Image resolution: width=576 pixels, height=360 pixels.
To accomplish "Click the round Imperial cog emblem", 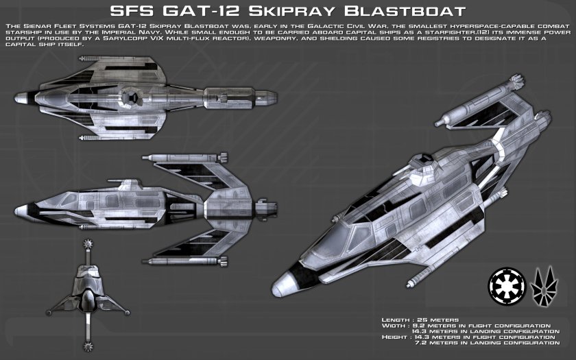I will [x=503, y=284].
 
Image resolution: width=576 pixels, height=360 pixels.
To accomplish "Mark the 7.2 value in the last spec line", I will [x=435, y=344].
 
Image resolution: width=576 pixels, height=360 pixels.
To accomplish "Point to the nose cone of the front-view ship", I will [x=87, y=302].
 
